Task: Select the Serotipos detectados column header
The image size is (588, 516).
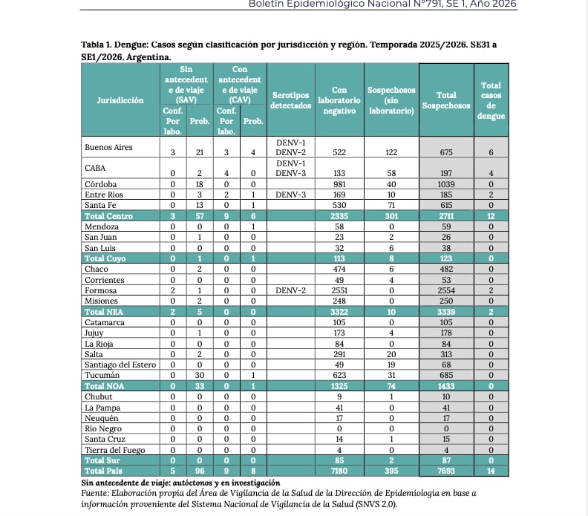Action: tap(290, 100)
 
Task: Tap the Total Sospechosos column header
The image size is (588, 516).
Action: tap(446, 100)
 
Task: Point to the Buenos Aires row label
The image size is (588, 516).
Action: tap(108, 147)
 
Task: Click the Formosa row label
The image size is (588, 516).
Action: tap(101, 290)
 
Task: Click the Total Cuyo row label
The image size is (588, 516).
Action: tap(105, 258)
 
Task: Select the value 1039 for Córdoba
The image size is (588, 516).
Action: tap(446, 183)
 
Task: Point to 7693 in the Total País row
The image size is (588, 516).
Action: tap(446, 471)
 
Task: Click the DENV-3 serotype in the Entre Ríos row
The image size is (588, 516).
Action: tap(290, 194)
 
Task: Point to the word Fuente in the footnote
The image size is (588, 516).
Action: tap(95, 493)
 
